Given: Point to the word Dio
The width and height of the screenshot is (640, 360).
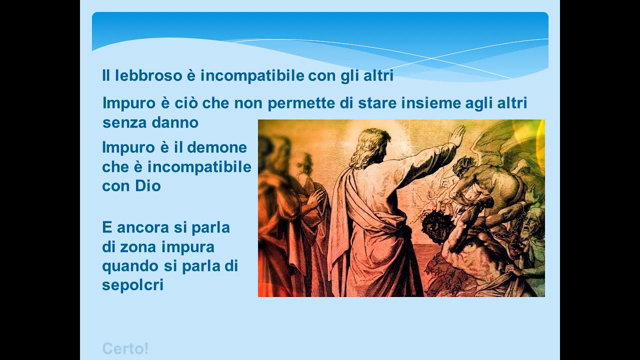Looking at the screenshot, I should click(x=147, y=186).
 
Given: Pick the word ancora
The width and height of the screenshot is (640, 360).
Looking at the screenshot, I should click(x=146, y=227).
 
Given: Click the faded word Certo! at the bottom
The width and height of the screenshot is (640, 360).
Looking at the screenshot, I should click(x=125, y=348).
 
